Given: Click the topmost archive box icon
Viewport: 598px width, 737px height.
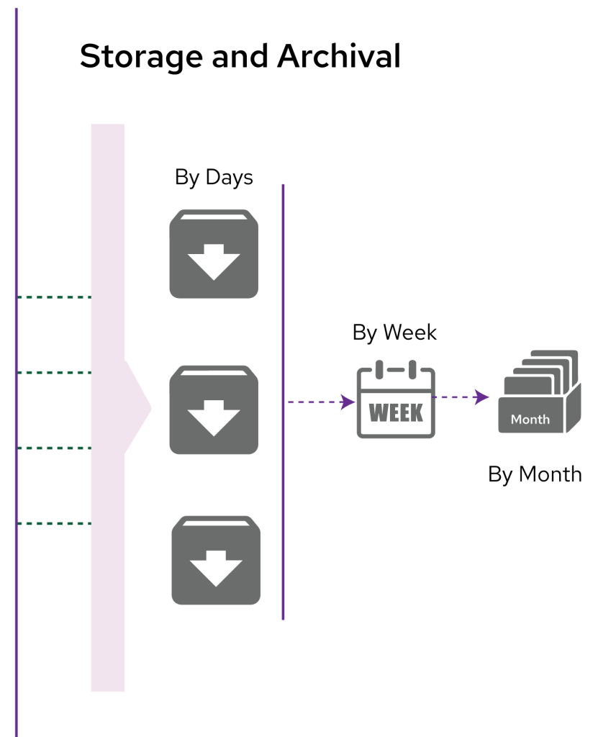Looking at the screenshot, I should click(x=214, y=253).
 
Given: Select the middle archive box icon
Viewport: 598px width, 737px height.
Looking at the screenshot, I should click(x=214, y=410).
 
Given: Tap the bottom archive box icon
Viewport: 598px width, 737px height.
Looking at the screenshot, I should click(x=216, y=560).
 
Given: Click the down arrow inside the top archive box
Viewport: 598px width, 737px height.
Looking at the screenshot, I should click(x=214, y=262).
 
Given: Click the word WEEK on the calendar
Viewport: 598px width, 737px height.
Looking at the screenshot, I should click(x=395, y=413).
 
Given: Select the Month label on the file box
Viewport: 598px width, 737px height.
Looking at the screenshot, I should click(x=530, y=419).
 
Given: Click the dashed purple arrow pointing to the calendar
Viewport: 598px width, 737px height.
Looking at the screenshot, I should click(x=317, y=402).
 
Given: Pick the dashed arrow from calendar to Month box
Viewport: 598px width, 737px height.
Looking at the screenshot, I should click(x=457, y=397).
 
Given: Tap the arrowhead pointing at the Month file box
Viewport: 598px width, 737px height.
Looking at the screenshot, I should click(x=483, y=397).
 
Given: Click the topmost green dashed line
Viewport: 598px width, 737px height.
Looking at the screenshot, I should click(x=54, y=297).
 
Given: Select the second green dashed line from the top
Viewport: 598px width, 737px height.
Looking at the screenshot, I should click(x=54, y=372).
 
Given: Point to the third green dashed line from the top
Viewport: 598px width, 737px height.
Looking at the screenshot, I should click(x=54, y=448).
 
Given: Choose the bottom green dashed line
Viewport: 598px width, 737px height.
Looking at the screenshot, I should click(x=54, y=523).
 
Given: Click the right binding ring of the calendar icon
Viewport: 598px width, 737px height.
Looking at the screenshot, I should click(x=412, y=369).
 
